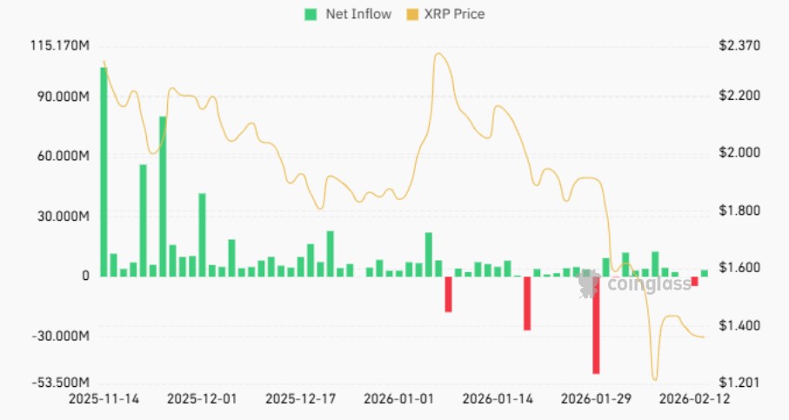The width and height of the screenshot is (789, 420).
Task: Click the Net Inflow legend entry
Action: pyautogui.click(x=346, y=14)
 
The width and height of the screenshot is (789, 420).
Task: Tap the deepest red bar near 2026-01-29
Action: pyautogui.click(x=596, y=325)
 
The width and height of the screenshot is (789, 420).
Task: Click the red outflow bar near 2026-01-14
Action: pyautogui.click(x=527, y=303)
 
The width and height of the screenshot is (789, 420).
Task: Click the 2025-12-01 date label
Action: pyautogui.click(x=200, y=400)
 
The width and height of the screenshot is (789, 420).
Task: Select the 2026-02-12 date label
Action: pyautogui.click(x=693, y=400)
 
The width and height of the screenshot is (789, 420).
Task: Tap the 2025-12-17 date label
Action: pyautogui.click(x=298, y=400)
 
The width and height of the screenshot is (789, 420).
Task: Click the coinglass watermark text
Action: pyautogui.click(x=643, y=284)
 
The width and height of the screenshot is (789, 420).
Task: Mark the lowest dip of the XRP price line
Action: pyautogui.click(x=654, y=380)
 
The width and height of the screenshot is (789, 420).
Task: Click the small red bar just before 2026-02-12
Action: pyautogui.click(x=694, y=282)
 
